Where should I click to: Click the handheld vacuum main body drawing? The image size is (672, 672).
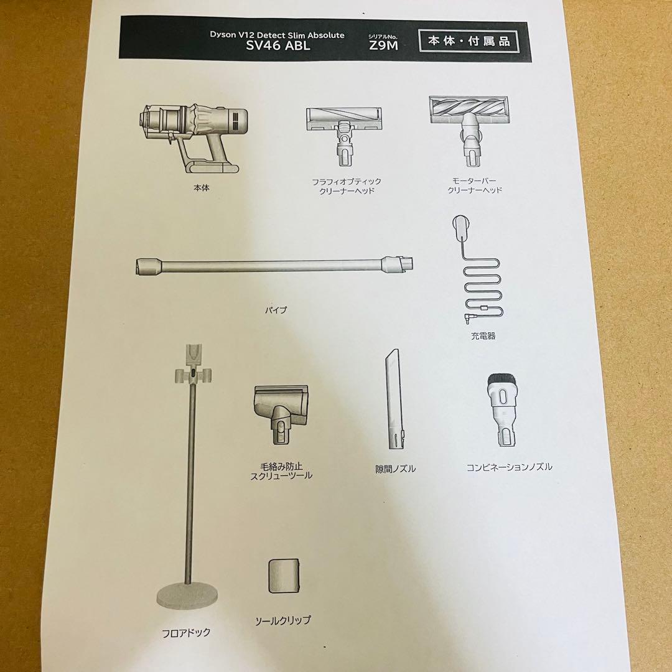click(x=193, y=137)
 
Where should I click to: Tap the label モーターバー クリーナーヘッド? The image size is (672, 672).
click(x=475, y=185)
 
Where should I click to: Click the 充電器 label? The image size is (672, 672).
click(x=483, y=336)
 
